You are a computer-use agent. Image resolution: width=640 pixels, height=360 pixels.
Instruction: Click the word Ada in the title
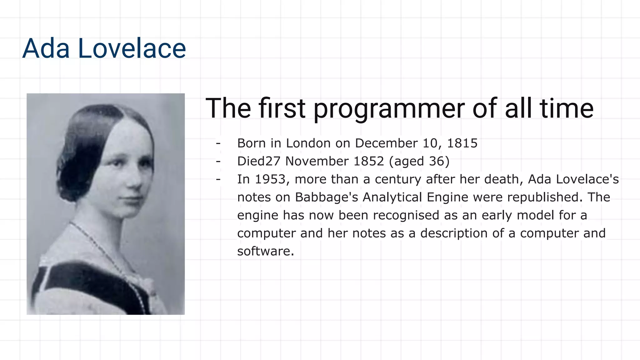tap(46, 48)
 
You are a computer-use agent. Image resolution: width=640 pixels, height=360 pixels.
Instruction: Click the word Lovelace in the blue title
tap(132, 48)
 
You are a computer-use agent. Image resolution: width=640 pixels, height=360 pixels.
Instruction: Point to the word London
tap(308, 143)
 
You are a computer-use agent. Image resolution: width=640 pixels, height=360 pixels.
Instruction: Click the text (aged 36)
tap(419, 161)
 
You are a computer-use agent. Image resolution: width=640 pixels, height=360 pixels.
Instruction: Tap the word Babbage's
tap(327, 197)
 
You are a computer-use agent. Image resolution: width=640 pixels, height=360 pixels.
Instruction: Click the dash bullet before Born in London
tap(218, 143)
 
